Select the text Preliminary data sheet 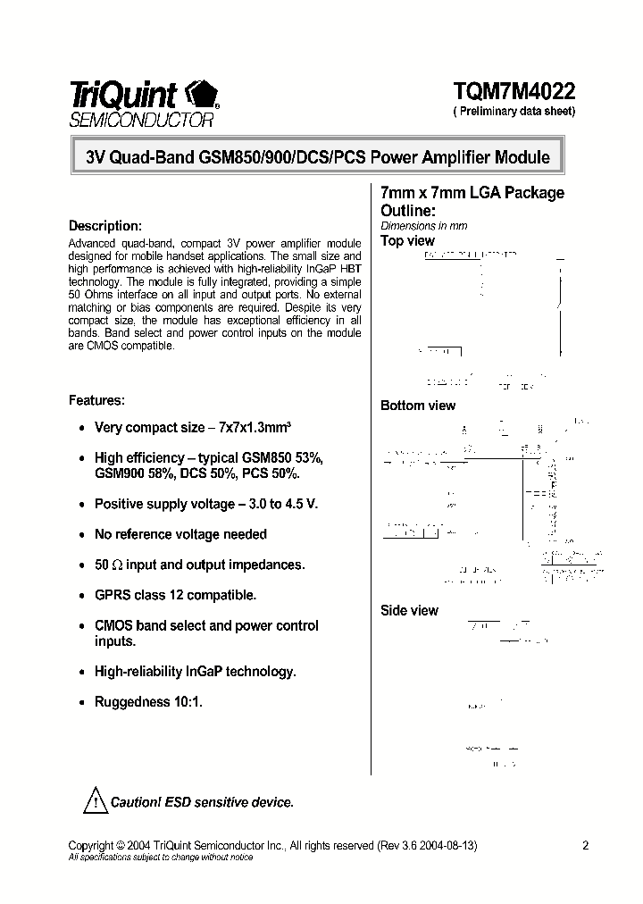515,112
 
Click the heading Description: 105,226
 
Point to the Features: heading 96,400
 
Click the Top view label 407,240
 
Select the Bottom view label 418,406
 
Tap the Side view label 410,610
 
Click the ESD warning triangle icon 95,800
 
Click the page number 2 585,845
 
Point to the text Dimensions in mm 424,226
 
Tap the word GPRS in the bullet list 113,595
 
